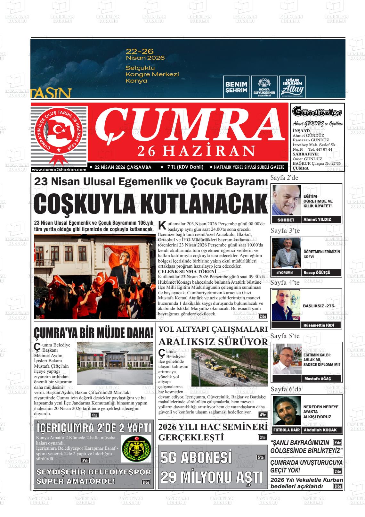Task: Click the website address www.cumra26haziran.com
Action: [59, 170]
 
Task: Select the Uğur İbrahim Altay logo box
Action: [292, 87]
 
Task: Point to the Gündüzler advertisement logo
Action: [317, 113]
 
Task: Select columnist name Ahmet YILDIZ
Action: [317, 220]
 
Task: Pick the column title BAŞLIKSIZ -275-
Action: [319, 306]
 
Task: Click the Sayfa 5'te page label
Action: [285, 336]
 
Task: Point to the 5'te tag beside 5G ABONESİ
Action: [261, 458]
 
